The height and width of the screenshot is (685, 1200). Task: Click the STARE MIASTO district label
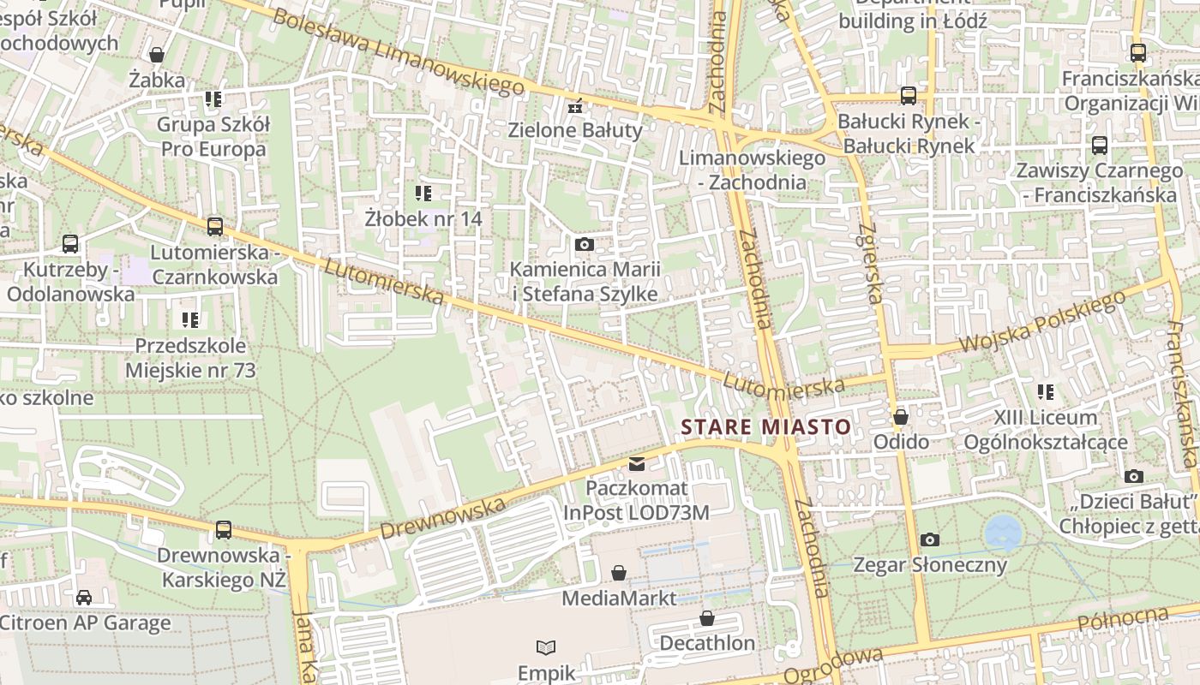coord(765,426)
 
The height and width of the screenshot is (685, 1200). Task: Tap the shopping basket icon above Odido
coord(900,417)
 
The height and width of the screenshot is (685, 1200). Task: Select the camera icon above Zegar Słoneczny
coord(929,539)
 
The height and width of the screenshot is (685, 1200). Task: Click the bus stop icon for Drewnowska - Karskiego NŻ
coord(224,529)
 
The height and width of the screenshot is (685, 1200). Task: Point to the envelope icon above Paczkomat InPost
coord(636,464)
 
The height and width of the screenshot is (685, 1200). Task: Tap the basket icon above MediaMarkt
coord(619,573)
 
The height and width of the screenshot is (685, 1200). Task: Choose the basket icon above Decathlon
coord(707,618)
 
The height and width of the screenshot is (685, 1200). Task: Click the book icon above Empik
coord(546,648)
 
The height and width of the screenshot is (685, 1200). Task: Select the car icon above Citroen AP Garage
coord(84,598)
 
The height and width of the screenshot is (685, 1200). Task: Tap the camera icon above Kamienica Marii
coord(585,245)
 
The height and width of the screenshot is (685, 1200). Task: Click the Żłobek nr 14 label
coord(423,218)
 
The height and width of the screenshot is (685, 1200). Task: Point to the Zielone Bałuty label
coord(574,130)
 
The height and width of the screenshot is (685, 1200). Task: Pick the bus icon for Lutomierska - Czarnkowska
coord(214,227)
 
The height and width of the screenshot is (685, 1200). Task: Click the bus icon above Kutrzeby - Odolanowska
coord(70,244)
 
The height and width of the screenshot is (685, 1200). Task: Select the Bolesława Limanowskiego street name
coord(398,51)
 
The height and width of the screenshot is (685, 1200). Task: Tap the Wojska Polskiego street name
coord(1041,322)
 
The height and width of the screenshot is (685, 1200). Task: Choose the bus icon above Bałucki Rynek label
coord(908,96)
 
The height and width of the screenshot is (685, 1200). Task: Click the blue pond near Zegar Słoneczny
coord(1003,533)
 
